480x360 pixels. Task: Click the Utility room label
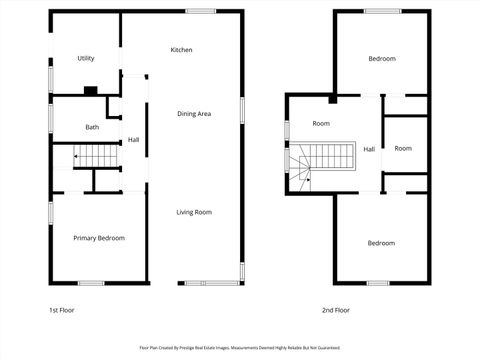coord(86,59)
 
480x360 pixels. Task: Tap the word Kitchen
coord(181,50)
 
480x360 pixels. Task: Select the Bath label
coord(92,127)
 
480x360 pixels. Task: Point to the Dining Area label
coord(194,114)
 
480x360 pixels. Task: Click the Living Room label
coord(194,212)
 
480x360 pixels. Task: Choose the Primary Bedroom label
coord(99,238)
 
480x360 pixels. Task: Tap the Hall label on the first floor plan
coord(133,140)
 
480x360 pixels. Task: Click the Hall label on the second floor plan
coord(369,149)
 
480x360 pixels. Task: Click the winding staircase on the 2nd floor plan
coord(320,159)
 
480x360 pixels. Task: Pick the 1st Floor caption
coord(61,310)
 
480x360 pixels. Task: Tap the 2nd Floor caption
coord(335,310)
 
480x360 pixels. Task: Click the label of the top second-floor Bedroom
coord(381,59)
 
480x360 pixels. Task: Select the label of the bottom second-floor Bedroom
coord(381,243)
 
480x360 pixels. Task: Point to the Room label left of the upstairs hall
coord(321,124)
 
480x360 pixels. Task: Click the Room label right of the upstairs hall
coord(402,149)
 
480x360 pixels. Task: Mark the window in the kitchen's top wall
coord(200,12)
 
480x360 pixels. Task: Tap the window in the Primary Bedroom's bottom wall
coord(92,283)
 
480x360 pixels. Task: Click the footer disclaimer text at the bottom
coord(239,349)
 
